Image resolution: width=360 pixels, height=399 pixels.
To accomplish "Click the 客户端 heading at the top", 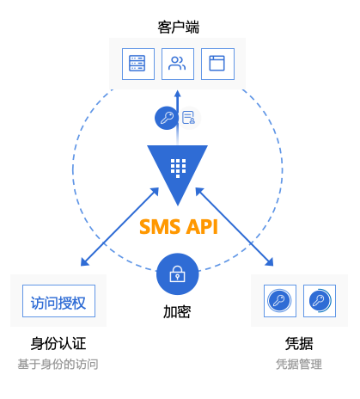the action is pyautogui.click(x=178, y=28).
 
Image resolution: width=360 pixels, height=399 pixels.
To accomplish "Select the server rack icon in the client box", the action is pyautogui.click(x=138, y=64).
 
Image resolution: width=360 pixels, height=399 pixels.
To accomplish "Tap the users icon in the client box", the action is pyautogui.click(x=178, y=64).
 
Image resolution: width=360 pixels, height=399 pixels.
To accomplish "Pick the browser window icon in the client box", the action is pyautogui.click(x=217, y=64).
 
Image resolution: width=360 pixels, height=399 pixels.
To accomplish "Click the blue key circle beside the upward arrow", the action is pyautogui.click(x=167, y=118).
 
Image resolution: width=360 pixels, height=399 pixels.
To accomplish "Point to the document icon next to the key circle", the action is pyautogui.click(x=188, y=118).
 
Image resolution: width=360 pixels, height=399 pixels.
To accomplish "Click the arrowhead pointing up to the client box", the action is pyautogui.click(x=178, y=94).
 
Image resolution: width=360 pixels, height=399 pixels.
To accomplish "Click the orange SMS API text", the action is pyautogui.click(x=179, y=227).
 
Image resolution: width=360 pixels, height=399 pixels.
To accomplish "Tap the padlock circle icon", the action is pyautogui.click(x=178, y=274).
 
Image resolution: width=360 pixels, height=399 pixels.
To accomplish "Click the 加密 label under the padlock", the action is pyautogui.click(x=177, y=312).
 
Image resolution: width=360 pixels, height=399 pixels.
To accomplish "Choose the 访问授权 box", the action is pyautogui.click(x=58, y=301).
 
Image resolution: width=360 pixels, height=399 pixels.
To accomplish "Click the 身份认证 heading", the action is pyautogui.click(x=58, y=343).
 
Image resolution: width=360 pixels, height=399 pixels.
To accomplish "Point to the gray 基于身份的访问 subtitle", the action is pyautogui.click(x=58, y=365).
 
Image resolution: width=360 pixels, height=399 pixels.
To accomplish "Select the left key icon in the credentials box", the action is pyautogui.click(x=280, y=301).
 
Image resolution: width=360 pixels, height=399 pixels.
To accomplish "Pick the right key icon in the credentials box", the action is pyautogui.click(x=320, y=301).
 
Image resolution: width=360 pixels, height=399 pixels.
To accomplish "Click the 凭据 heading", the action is pyautogui.click(x=299, y=343).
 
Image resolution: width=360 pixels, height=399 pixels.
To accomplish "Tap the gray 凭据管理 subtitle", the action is pyautogui.click(x=299, y=365).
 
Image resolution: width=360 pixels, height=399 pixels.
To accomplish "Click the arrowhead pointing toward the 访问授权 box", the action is pyautogui.click(x=84, y=262).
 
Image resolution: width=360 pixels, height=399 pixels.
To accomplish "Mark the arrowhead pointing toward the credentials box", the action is pyautogui.click(x=270, y=262).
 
